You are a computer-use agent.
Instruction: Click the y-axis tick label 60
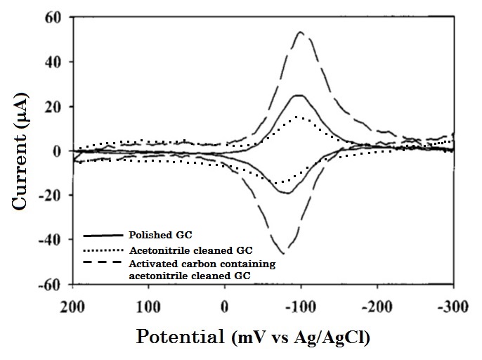click(x=54, y=17)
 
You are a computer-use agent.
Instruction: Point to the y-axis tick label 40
click(x=54, y=62)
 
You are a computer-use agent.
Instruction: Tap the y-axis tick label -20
click(x=51, y=195)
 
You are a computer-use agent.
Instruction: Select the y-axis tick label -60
click(x=51, y=284)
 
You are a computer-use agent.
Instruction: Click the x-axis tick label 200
click(x=72, y=307)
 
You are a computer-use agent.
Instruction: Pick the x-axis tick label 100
click(x=148, y=307)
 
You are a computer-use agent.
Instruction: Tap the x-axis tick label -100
click(x=300, y=307)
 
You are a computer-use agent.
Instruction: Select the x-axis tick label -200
click(x=377, y=307)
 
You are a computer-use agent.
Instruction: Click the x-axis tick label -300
click(x=453, y=307)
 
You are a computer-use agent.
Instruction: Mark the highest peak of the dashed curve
click(x=301, y=32)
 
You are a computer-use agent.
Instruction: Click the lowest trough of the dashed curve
click(x=283, y=253)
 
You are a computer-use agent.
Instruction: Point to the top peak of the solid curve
click(x=299, y=95)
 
